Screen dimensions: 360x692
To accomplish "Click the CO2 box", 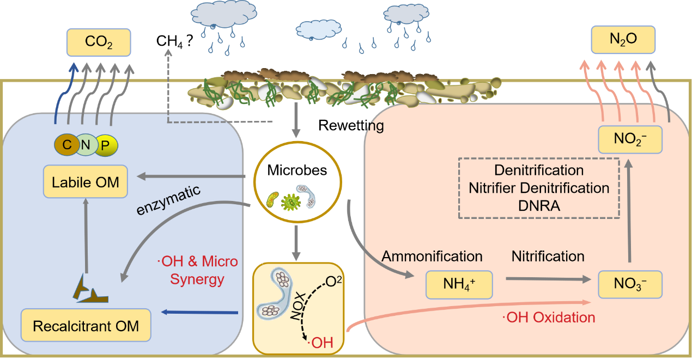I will click(98, 42).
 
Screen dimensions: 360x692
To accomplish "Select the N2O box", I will click(623, 40).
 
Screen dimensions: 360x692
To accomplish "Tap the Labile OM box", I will click(86, 181).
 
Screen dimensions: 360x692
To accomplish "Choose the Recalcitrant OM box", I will click(86, 326).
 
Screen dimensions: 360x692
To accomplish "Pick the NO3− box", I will click(630, 283).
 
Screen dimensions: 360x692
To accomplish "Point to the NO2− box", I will click(630, 139).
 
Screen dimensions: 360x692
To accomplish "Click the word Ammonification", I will click(432, 256).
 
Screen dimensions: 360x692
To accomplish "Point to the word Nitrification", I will click(548, 256).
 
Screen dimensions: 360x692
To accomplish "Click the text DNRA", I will click(539, 205).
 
